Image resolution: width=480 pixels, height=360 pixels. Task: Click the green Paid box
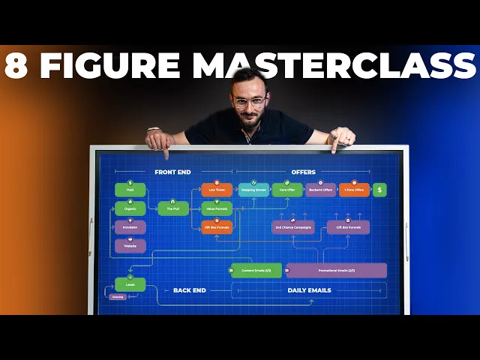click(x=130, y=190)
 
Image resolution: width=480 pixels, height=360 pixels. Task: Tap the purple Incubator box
click(x=130, y=227)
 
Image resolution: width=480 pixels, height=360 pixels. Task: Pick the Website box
click(x=130, y=245)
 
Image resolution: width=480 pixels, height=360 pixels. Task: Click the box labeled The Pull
click(x=173, y=209)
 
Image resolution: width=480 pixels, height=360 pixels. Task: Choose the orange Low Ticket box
click(x=217, y=190)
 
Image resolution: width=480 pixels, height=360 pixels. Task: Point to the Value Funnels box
click(x=217, y=209)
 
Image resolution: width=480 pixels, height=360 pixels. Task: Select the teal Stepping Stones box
click(x=253, y=190)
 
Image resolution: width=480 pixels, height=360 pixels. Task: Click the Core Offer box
click(x=287, y=190)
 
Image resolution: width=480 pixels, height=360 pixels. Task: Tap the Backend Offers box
click(x=321, y=190)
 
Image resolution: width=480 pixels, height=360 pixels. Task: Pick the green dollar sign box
click(x=379, y=190)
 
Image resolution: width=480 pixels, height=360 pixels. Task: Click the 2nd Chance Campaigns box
click(x=293, y=227)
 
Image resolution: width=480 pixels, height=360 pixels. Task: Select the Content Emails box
click(x=256, y=270)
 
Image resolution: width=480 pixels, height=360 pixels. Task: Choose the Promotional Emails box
click(x=337, y=270)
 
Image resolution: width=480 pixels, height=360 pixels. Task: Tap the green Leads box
click(x=130, y=284)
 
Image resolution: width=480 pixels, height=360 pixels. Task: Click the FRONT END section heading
click(x=173, y=172)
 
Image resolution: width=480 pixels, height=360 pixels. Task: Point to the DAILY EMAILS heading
click(x=309, y=290)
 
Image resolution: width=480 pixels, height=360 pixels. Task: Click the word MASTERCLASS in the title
click(x=334, y=66)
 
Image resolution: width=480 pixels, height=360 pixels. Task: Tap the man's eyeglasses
click(x=250, y=101)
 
